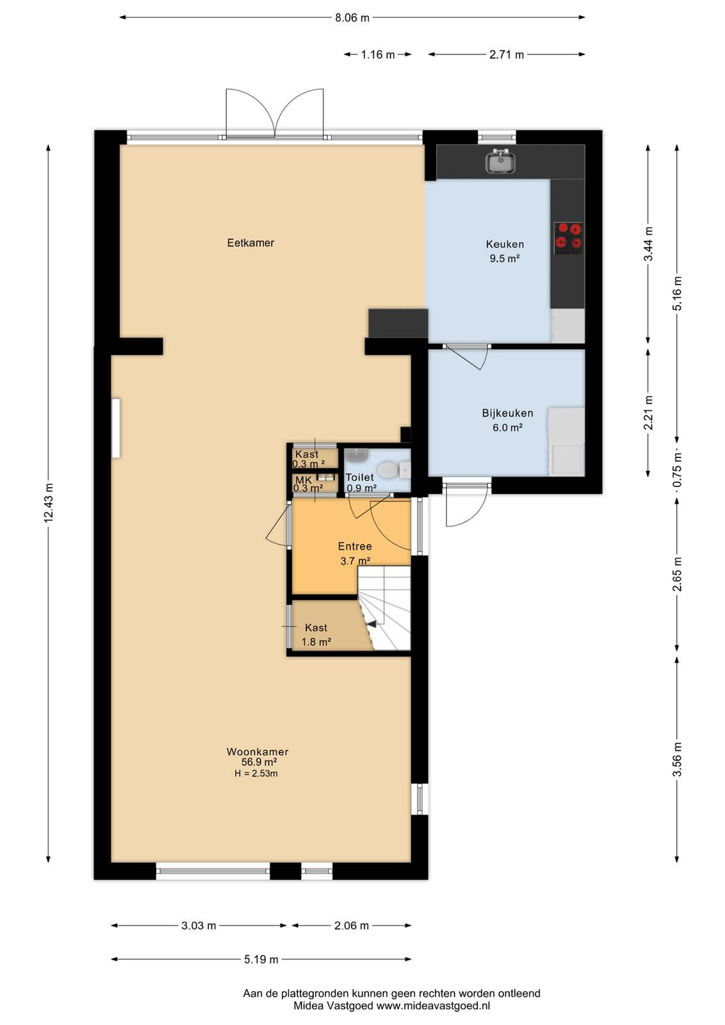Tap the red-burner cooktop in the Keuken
569,238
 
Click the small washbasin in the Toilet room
357,455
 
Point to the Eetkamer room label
250,243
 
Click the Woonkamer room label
257,751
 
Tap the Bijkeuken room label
507,413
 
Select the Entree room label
355,546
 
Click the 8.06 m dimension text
352,18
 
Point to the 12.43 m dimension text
49,502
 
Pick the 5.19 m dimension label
261,959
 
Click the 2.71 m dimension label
507,54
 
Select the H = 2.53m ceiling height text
256,774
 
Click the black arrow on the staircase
370,624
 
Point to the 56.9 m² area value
259,762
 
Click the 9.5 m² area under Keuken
505,259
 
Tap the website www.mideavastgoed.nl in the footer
433,1006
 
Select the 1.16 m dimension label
378,54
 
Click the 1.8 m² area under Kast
316,642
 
